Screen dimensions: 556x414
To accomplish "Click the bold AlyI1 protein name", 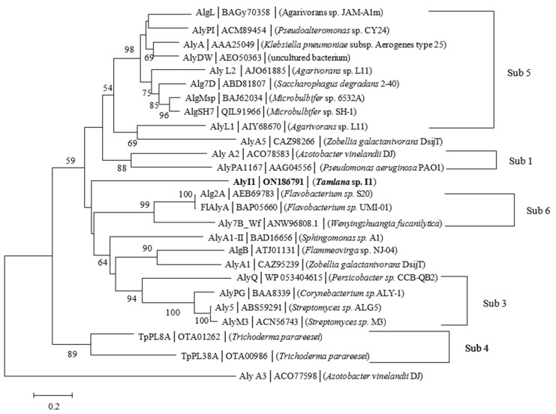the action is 245,182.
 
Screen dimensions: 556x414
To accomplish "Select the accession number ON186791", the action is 283,182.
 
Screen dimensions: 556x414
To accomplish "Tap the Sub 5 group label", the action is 519,73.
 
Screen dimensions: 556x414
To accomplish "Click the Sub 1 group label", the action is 521,161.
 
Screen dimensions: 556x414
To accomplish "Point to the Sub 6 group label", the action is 538,210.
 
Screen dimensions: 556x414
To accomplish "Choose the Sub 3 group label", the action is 494,304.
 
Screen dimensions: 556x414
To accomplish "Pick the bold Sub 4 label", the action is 476,349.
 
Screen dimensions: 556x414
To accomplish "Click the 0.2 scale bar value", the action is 54,406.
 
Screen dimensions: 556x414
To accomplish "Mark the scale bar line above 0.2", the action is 53,394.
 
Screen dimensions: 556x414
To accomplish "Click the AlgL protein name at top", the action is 206,13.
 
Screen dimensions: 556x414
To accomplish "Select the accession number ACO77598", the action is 296,376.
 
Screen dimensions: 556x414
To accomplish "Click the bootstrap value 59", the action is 71,161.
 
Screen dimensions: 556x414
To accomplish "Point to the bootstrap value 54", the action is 108,88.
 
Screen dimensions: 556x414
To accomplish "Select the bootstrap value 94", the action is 131,299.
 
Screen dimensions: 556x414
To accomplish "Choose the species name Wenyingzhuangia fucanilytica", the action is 385,224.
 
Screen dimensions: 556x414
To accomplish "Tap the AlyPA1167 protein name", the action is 239,168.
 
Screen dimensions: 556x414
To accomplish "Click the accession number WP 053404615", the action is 293,277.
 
